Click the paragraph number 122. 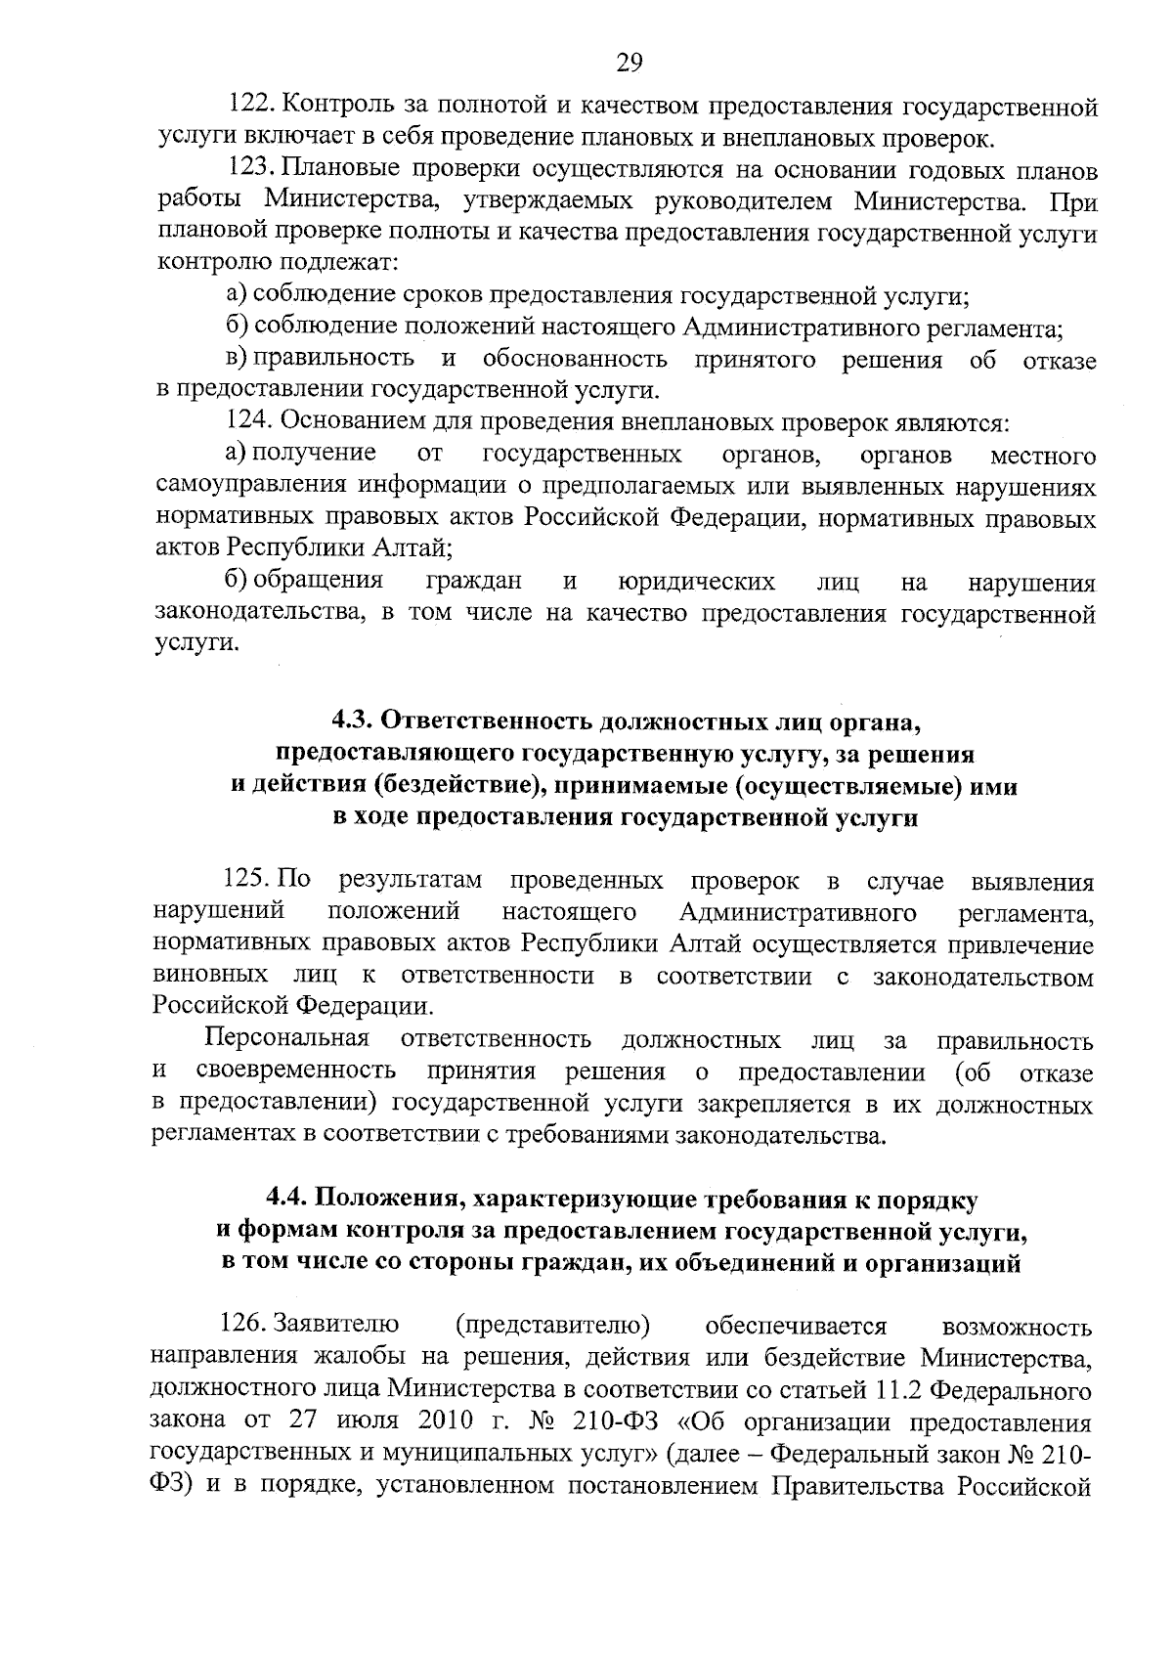tap(249, 107)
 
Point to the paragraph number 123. tap(249, 171)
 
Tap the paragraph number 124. tap(249, 423)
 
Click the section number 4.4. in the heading tap(290, 1199)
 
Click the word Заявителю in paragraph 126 tap(336, 1326)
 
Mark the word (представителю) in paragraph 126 tap(553, 1326)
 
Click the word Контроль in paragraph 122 tap(342, 107)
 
